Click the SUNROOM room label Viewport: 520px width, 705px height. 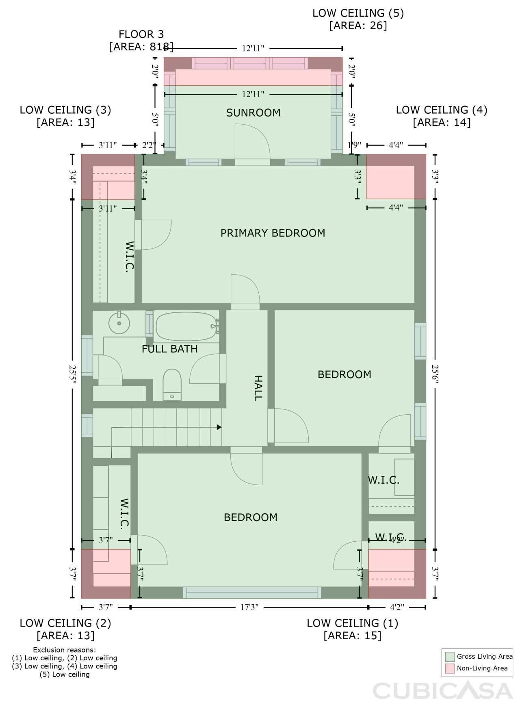click(x=253, y=113)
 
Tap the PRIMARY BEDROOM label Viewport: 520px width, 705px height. click(x=273, y=233)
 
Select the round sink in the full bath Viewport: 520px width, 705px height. click(x=119, y=323)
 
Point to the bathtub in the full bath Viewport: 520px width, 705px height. click(x=186, y=327)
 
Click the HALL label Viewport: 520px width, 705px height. click(x=258, y=388)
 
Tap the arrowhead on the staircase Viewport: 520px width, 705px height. click(x=219, y=427)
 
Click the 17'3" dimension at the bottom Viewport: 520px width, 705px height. click(x=249, y=607)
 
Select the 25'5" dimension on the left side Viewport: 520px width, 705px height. click(x=72, y=374)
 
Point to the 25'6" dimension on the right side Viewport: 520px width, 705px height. click(x=435, y=374)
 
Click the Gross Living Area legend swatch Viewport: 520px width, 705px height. click(x=450, y=657)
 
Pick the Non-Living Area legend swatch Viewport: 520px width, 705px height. click(x=450, y=668)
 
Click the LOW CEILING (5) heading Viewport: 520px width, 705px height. click(x=358, y=13)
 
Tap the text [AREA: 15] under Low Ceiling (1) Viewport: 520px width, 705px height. click(x=352, y=636)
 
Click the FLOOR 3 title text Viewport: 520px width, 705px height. click(x=141, y=35)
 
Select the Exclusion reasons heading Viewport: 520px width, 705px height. click(x=64, y=650)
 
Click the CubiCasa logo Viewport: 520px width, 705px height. click(x=442, y=691)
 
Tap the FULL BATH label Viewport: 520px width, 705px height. click(x=169, y=349)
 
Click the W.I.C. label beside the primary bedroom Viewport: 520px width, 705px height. click(x=129, y=257)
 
